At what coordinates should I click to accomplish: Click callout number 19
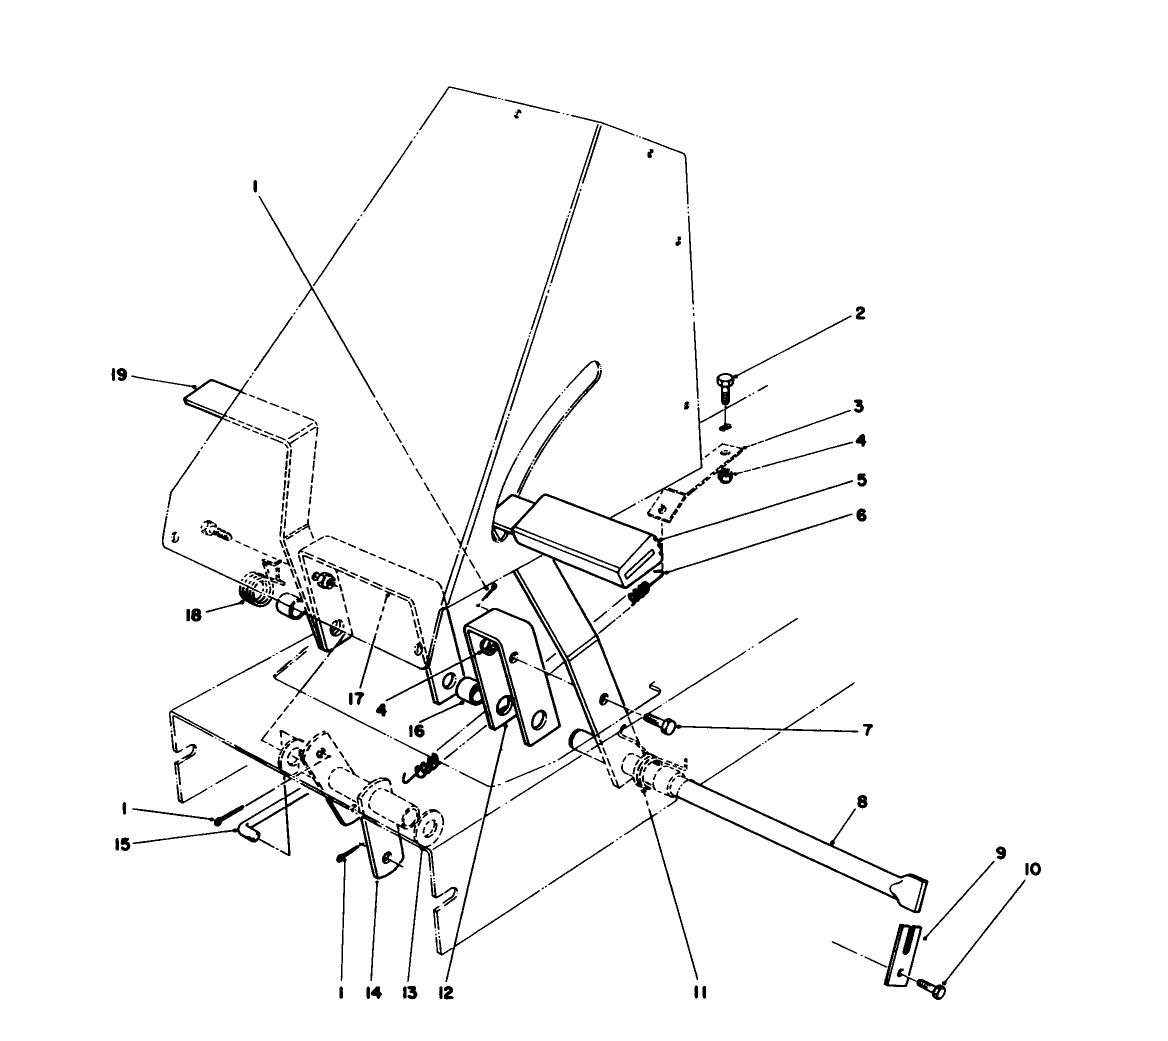point(119,376)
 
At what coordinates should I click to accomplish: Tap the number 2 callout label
point(859,313)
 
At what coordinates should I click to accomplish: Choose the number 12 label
point(445,993)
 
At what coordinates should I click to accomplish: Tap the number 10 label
point(1031,869)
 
